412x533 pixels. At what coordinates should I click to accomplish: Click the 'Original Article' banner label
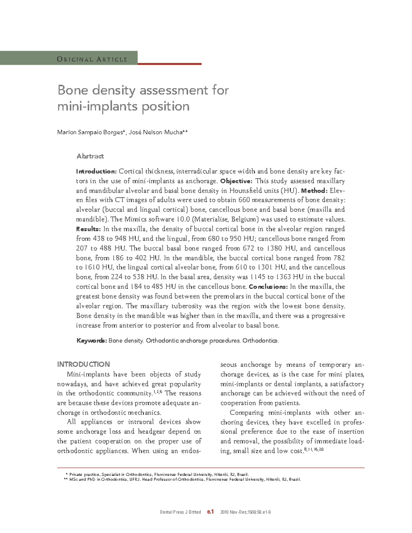click(92, 59)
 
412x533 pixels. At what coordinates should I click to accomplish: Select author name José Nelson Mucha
click(155, 132)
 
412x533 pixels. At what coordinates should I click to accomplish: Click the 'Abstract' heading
click(90, 156)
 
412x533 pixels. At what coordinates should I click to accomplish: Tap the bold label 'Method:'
click(314, 190)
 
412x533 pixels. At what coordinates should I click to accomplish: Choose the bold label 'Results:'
click(88, 229)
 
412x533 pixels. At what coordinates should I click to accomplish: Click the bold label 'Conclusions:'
click(268, 287)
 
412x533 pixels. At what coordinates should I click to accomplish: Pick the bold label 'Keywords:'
click(91, 341)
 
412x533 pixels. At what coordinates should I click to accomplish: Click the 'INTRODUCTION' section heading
click(83, 364)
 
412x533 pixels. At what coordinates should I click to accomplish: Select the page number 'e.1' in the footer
click(210, 512)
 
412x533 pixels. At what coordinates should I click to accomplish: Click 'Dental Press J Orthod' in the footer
click(180, 512)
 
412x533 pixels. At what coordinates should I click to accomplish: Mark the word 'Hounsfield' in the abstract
click(248, 190)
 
